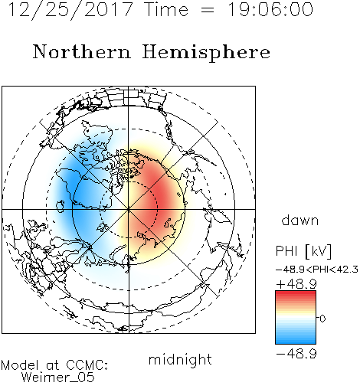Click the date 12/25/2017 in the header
tap(70, 10)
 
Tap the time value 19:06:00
tap(270, 9)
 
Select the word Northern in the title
tap(82, 51)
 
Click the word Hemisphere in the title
tap(206, 53)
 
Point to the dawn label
tap(300, 220)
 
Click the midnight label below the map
tap(180, 360)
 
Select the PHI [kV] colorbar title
tap(303, 251)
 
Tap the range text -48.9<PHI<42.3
tap(317, 270)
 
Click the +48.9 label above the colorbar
tap(296, 284)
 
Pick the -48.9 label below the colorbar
tap(296, 354)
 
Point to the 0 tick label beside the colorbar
tap(322, 319)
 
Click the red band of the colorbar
tap(296, 296)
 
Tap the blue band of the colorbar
tap(296, 338)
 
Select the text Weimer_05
tap(58, 378)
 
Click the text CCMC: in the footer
tap(87, 365)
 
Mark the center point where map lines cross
tap(129, 209)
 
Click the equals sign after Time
tap(208, 10)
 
